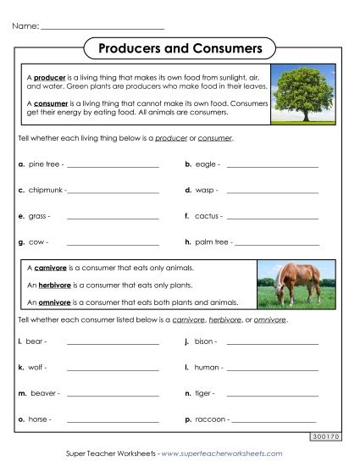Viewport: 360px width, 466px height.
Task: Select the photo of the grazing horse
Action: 289,284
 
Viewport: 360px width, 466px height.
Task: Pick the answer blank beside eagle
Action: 272,167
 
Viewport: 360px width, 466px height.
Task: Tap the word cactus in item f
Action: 207,216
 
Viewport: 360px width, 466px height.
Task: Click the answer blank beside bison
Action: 272,344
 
